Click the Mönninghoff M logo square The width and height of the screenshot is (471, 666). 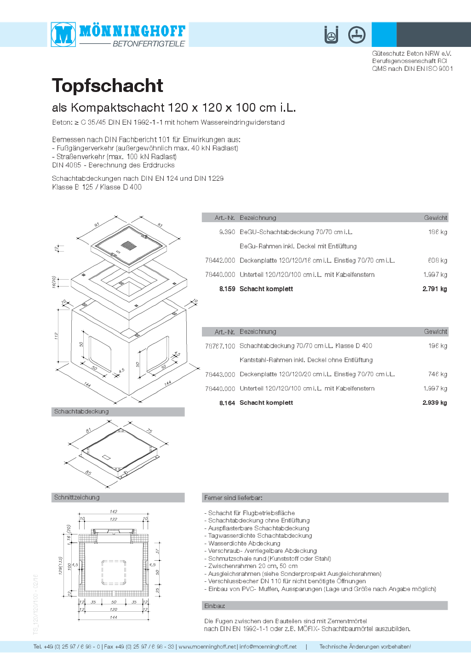[x=63, y=34]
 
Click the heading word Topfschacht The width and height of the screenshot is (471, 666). [x=108, y=86]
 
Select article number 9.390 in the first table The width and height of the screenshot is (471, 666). [x=227, y=232]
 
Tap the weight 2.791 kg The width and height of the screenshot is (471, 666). [x=434, y=289]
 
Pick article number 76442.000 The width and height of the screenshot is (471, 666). [x=220, y=260]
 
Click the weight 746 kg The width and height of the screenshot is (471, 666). [x=437, y=374]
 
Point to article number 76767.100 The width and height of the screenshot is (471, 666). [x=220, y=346]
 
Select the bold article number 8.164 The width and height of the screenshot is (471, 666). [x=227, y=403]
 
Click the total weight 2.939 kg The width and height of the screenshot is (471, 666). [x=434, y=403]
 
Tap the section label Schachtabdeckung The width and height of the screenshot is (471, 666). [x=81, y=412]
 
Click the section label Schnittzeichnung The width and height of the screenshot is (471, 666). [x=77, y=497]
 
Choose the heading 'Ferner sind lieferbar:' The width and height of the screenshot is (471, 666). [x=233, y=498]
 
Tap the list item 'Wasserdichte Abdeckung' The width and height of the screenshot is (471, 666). [x=244, y=543]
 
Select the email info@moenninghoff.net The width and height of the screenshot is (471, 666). [x=268, y=647]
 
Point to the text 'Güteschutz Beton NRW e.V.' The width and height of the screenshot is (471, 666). [x=412, y=53]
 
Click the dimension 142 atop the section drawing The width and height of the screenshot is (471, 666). [x=114, y=511]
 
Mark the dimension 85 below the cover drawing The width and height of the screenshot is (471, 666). [x=88, y=473]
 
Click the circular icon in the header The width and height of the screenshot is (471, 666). [x=356, y=34]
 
